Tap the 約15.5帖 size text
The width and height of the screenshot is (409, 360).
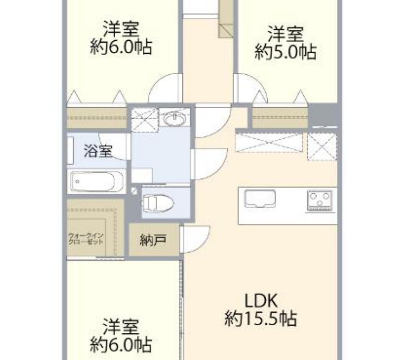[x=261, y=318]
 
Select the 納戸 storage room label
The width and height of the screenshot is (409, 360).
[x=153, y=240]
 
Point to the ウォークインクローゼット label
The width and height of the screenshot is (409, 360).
[x=86, y=238]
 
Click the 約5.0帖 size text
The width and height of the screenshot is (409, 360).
[x=286, y=52]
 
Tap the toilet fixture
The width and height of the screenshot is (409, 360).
[x=157, y=202]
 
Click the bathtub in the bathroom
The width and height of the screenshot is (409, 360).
[x=96, y=182]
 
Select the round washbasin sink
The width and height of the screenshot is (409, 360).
[x=175, y=119]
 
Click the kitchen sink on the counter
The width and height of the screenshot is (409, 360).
[x=260, y=199]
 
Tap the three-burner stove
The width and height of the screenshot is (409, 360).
[x=320, y=200]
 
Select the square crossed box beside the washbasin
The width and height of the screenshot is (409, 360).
[x=144, y=119]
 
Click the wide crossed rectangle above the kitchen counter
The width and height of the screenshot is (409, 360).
[x=269, y=142]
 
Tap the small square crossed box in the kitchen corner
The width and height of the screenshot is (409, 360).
[x=322, y=146]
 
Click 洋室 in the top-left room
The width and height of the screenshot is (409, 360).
[x=121, y=29]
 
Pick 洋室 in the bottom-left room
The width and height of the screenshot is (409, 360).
[x=121, y=327]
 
